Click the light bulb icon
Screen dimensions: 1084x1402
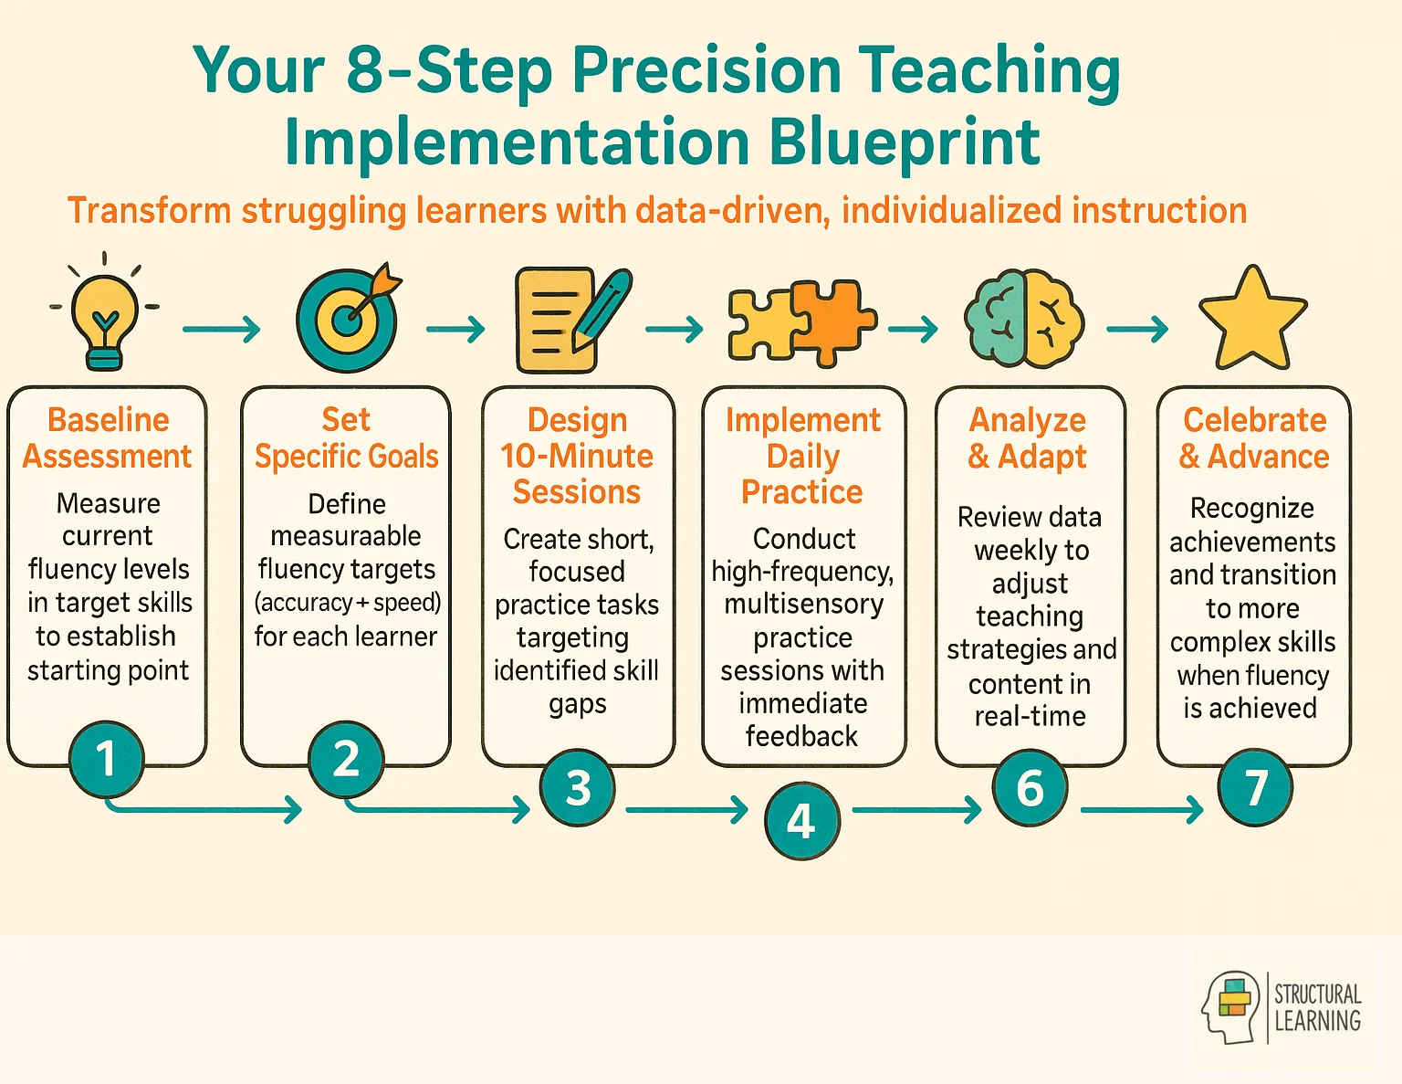tap(106, 315)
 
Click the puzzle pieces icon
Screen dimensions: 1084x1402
tap(800, 322)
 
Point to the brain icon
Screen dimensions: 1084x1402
tap(1024, 319)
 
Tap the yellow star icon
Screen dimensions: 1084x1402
tap(1252, 320)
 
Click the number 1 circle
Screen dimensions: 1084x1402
tap(107, 759)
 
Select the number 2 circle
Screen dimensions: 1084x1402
tap(346, 759)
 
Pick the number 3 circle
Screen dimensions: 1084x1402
tap(578, 787)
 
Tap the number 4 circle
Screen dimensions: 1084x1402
tap(801, 821)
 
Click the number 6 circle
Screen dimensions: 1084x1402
tap(1030, 787)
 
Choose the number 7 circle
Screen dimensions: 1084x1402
tap(1255, 787)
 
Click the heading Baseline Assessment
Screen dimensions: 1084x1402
tap(108, 437)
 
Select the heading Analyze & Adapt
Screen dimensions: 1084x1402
tap(1028, 437)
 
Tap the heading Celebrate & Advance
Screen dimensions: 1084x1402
tap(1254, 437)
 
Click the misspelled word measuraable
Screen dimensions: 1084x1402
tap(346, 536)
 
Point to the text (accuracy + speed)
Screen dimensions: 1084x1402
tap(347, 603)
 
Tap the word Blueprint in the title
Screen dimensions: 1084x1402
tap(904, 142)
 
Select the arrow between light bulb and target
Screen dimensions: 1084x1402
tap(221, 329)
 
